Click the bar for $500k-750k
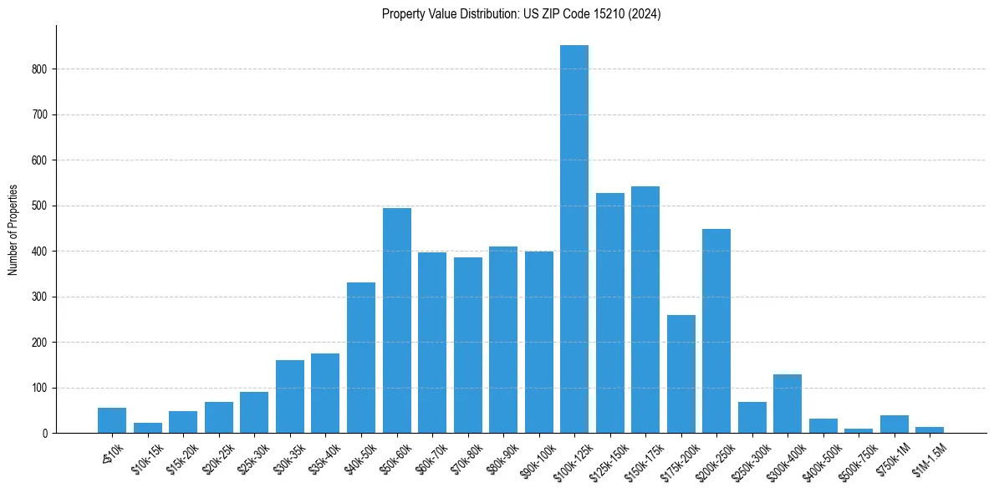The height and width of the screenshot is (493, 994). pos(859,430)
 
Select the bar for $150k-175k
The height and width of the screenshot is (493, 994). pos(645,309)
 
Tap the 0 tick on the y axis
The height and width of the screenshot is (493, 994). pos(48,434)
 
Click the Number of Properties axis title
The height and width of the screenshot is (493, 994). pos(13,230)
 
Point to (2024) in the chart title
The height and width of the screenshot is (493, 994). pos(647,14)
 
